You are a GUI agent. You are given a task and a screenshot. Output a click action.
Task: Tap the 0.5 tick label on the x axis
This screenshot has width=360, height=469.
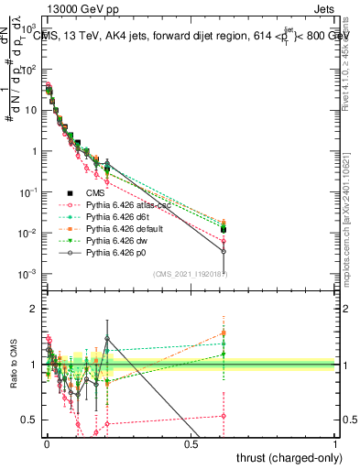191,443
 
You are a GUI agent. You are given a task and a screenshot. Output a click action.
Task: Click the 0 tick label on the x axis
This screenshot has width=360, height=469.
46,443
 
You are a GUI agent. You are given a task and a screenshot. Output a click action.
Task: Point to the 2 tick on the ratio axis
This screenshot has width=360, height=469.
36,309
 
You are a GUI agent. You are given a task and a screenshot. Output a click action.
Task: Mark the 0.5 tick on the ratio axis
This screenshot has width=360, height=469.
32,420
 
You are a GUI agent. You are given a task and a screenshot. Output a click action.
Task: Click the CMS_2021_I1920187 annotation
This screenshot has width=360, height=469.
190,274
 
